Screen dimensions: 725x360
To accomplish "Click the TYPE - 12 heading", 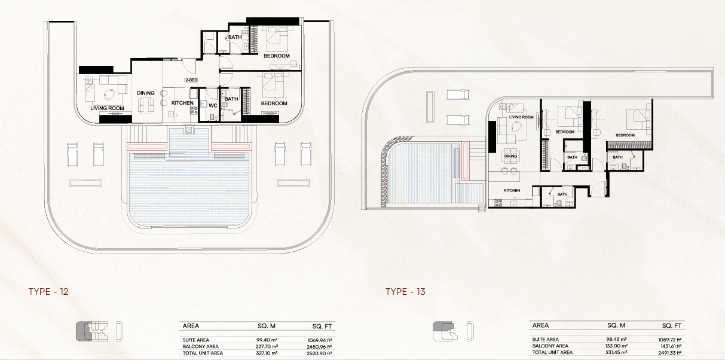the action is coord(48,292).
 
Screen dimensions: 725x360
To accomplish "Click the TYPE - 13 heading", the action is coord(405,292).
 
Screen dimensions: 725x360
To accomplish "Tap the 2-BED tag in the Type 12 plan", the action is coord(191,80).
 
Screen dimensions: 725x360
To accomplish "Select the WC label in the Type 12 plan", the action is coord(213,105).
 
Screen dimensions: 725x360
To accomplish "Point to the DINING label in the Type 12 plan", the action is coord(146,93).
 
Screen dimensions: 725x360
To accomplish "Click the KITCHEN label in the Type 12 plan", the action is coord(182,103).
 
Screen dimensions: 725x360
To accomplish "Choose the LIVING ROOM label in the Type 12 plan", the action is coord(107,108).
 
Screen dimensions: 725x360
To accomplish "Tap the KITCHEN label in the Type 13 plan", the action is coord(512,190).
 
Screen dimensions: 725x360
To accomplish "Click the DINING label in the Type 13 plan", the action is coord(511,156).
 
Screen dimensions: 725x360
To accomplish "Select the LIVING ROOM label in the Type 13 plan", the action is coord(521,117).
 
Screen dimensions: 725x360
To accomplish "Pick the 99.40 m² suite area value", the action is coord(267,340).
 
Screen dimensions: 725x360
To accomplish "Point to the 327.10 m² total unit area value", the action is coord(267,353).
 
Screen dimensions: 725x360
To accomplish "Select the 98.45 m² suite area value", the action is coord(616,340).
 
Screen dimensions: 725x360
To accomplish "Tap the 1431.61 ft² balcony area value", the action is coord(669,346).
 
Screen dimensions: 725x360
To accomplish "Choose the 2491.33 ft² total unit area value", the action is coord(669,353).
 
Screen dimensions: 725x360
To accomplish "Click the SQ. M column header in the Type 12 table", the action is coord(267,326).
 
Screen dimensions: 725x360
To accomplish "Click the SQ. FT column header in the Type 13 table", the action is coord(672,326).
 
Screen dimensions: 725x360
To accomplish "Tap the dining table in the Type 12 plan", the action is coord(146,106).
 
